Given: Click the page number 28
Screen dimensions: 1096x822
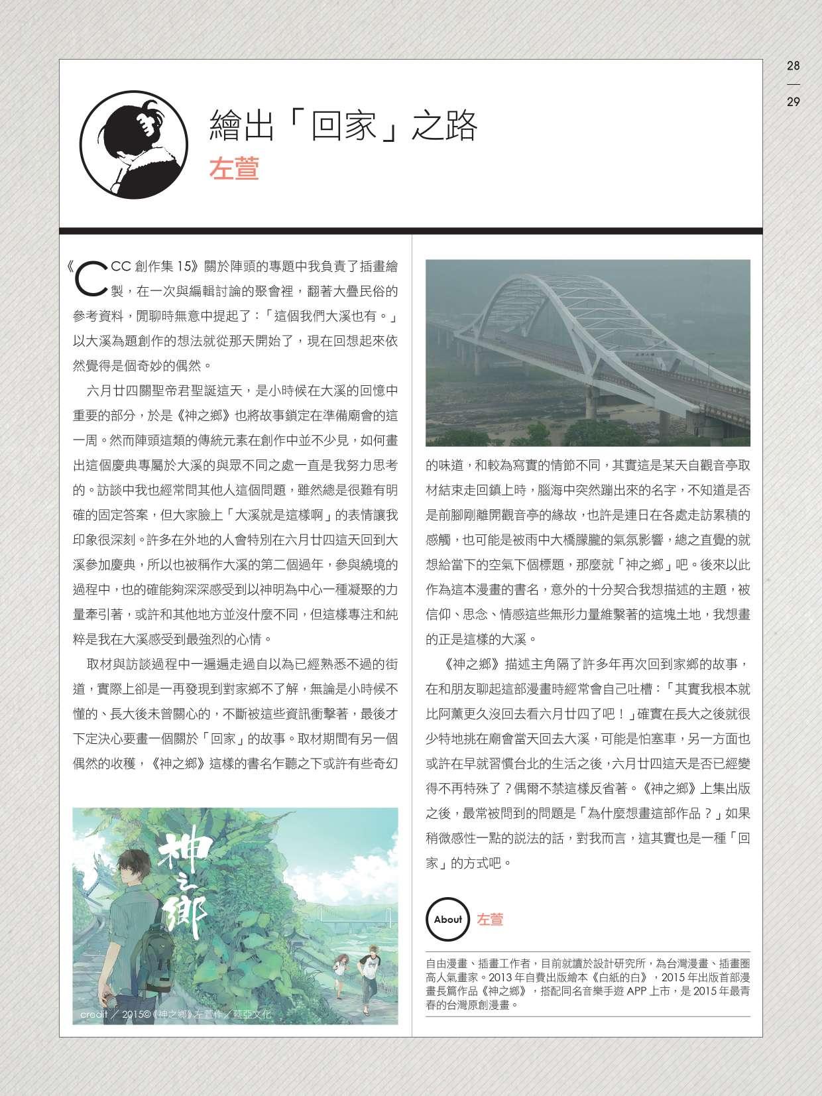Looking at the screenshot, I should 793,66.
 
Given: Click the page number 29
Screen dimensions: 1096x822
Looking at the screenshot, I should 793,102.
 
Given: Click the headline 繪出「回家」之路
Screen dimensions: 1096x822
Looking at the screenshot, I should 343,126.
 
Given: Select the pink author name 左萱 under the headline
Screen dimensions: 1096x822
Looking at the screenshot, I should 233,168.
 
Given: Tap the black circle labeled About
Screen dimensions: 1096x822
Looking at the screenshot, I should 448,919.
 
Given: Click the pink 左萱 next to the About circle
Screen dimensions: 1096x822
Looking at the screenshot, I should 490,919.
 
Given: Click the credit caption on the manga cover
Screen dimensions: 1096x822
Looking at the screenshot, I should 176,1015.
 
